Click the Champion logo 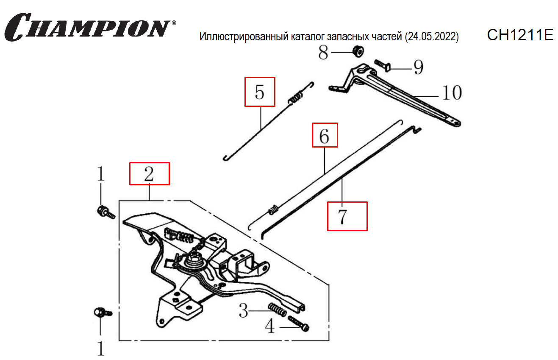pos(90,27)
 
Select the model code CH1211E pos(520,35)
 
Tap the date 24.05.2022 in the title pos(432,36)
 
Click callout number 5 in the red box pos(260,92)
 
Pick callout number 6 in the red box pos(325,137)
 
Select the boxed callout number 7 pos(342,217)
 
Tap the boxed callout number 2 pos(149,174)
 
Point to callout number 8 pos(323,53)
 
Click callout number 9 pos(419,67)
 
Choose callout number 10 pos(452,93)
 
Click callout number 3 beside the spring pos(243,311)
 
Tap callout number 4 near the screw pos(270,327)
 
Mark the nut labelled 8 pos(358,51)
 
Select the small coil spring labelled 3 pos(277,310)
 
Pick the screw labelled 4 pos(299,324)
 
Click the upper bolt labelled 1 pos(106,212)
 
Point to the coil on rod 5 pos(295,98)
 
